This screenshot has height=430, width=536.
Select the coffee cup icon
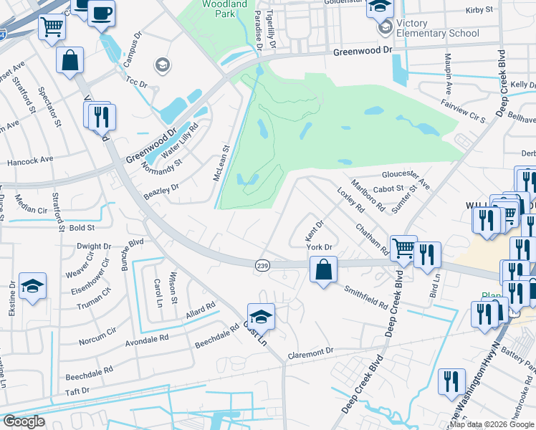[x=101, y=12]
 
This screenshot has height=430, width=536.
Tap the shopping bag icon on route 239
[x=323, y=270]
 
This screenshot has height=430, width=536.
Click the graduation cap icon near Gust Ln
[x=261, y=316]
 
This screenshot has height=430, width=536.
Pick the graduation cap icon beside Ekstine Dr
[x=32, y=286]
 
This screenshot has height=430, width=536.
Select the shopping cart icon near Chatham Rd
[x=403, y=249]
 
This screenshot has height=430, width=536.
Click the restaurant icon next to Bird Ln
[x=427, y=254]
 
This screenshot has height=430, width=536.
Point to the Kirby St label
[x=479, y=10]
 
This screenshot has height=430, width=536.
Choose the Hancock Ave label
[x=30, y=161]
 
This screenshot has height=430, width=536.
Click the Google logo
[x=24, y=421]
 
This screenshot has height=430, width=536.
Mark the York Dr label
[x=320, y=247]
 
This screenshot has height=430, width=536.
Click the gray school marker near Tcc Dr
[x=161, y=66]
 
